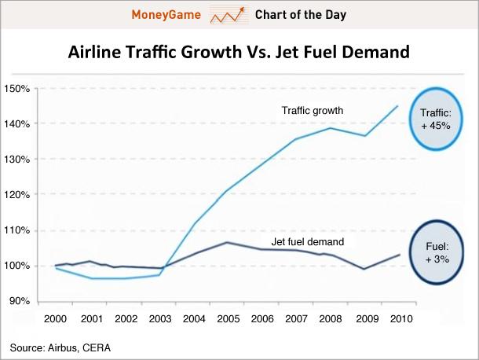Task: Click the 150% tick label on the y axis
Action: (16, 89)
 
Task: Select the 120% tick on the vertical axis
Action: (16, 194)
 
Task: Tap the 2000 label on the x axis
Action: (55, 318)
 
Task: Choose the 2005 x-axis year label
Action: (229, 318)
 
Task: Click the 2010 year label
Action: (401, 318)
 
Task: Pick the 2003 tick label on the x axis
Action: (160, 318)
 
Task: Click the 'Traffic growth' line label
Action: (313, 110)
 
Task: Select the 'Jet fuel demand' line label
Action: (308, 242)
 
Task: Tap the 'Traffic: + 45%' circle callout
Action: (436, 119)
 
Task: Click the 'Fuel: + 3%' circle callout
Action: (437, 252)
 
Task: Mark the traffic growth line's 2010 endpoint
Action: (398, 106)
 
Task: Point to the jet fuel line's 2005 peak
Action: (226, 243)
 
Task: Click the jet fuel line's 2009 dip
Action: (364, 269)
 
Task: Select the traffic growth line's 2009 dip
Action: (365, 136)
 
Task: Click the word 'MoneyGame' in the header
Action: (166, 15)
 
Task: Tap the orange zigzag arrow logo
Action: (228, 15)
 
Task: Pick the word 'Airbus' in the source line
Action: (63, 348)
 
